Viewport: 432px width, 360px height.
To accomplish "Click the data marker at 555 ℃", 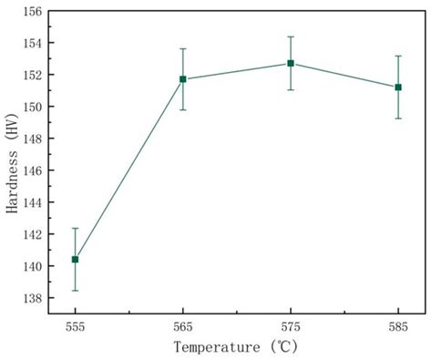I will [x=76, y=260].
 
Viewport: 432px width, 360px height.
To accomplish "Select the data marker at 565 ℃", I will [x=183, y=79].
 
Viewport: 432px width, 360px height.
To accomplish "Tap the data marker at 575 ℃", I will [x=291, y=63].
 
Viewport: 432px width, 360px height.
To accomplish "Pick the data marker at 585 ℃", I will [x=398, y=87].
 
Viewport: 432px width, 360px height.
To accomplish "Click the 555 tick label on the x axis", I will [x=76, y=325].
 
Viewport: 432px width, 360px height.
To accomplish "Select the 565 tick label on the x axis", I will [x=183, y=325].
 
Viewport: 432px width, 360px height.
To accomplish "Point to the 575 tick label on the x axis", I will [x=291, y=325].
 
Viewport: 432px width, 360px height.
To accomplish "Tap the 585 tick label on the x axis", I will [x=398, y=325].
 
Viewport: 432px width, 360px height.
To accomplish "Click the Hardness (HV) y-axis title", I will [x=12, y=164].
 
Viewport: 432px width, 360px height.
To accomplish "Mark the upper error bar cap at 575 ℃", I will [x=291, y=36].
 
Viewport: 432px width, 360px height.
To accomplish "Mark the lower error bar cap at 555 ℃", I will [x=76, y=291].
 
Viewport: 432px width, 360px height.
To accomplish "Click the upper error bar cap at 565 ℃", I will [x=183, y=48].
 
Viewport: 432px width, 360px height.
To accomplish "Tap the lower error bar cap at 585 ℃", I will [x=398, y=118].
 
